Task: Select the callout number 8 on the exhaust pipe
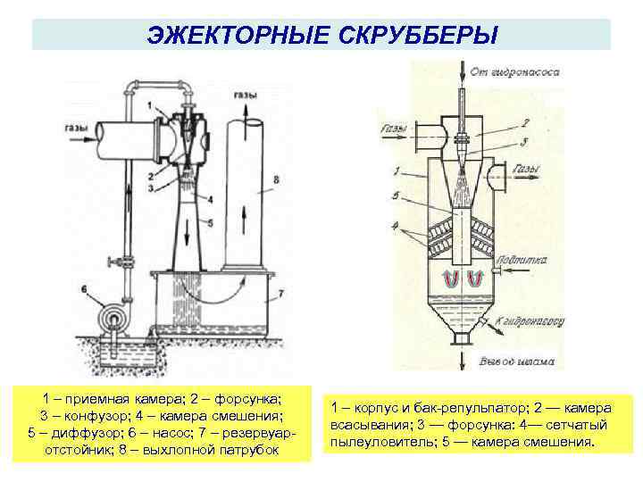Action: pos(276,181)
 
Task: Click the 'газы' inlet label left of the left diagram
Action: pos(76,128)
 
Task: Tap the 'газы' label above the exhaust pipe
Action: pos(246,96)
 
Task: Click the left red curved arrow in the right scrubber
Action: pos(451,279)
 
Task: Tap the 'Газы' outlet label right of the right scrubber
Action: pos(527,169)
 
